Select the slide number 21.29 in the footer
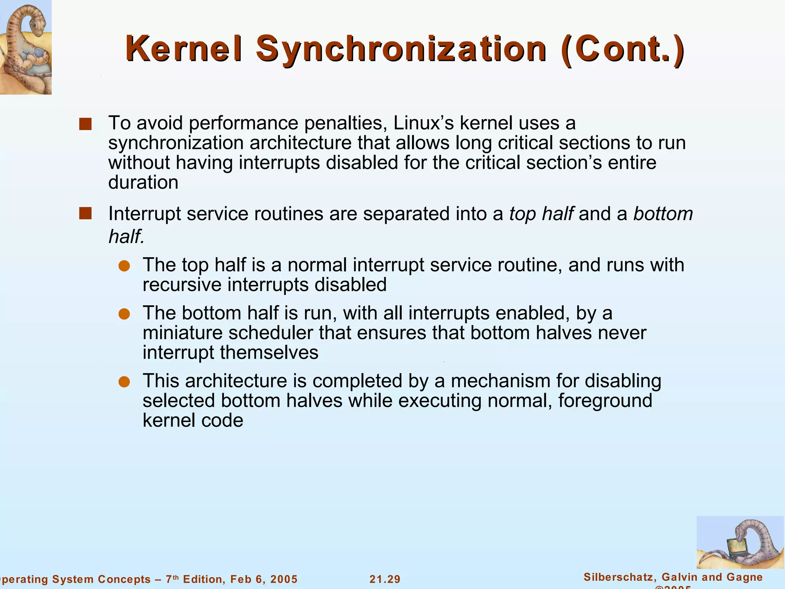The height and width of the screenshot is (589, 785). point(385,579)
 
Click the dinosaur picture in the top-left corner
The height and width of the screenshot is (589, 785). point(25,47)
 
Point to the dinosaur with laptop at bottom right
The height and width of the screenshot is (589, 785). point(740,542)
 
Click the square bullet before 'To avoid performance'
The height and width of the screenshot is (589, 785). point(85,124)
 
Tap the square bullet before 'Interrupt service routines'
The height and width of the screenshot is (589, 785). point(85,214)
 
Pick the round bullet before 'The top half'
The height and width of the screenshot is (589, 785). point(124,266)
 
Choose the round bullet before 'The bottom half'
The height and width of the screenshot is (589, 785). point(124,314)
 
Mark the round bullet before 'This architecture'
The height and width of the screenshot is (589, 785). point(124,382)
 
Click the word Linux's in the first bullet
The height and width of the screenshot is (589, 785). point(424,123)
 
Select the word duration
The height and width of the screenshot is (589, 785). point(143,182)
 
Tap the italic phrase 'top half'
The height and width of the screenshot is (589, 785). point(541,214)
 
